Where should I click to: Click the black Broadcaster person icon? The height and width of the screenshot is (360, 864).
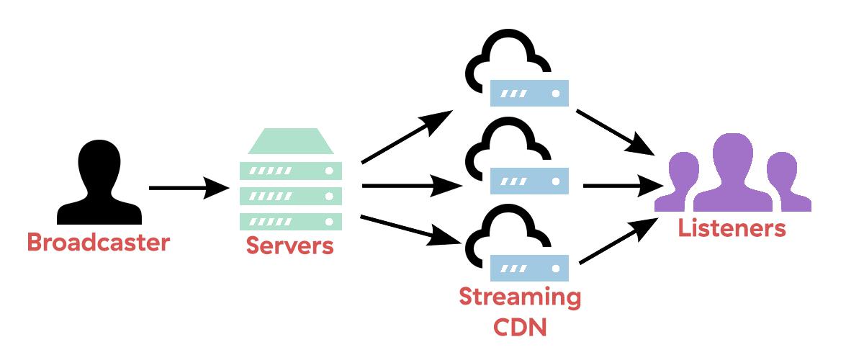pos(99,184)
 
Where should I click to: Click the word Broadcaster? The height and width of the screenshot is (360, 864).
pos(98,242)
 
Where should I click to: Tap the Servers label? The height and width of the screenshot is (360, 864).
pos(290,245)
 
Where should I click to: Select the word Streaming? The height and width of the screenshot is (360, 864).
pos(520,297)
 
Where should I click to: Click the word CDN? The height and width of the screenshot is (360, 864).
pos(520,328)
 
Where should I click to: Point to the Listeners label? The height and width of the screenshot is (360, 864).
pos(731,229)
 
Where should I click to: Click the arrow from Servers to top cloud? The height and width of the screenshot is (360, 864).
pos(407,137)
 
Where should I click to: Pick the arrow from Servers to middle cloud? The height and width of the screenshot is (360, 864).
pos(410,187)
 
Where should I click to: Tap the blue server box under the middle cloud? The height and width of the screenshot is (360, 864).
pos(529,179)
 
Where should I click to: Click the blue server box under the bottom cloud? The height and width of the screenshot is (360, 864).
pos(529,268)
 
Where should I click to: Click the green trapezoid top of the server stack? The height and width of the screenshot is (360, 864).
pos(291,140)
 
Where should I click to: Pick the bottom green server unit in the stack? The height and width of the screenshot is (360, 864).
pos(290,220)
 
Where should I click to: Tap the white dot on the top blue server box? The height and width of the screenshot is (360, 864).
pos(556,94)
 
